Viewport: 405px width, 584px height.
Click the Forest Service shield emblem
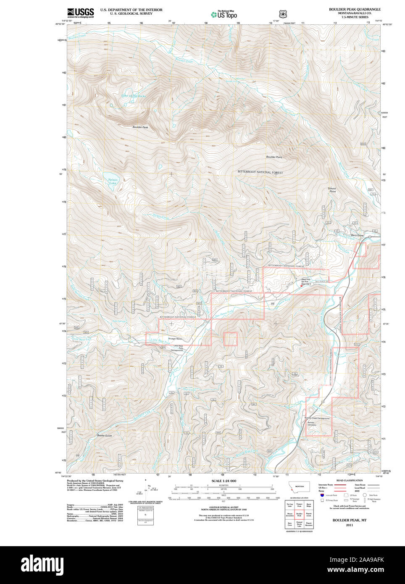pyautogui.click(x=283, y=14)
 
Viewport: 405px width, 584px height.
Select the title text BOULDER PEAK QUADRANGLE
pyautogui.click(x=355, y=9)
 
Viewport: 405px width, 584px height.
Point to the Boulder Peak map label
pyautogui.click(x=140, y=127)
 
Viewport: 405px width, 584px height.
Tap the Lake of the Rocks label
pyautogui.click(x=134, y=96)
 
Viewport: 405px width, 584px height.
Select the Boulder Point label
pyautogui.click(x=274, y=157)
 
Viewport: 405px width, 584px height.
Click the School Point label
pyautogui.click(x=332, y=190)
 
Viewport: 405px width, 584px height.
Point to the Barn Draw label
pyautogui.click(x=357, y=235)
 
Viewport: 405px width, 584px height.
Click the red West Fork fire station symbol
pyautogui.click(x=302, y=286)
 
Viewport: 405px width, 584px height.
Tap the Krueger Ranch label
pyautogui.click(x=175, y=339)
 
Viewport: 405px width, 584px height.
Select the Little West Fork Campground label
pyautogui.click(x=178, y=348)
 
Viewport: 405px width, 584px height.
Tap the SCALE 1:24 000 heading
pyautogui.click(x=224, y=481)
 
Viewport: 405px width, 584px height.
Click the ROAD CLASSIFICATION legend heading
pyautogui.click(x=350, y=480)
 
